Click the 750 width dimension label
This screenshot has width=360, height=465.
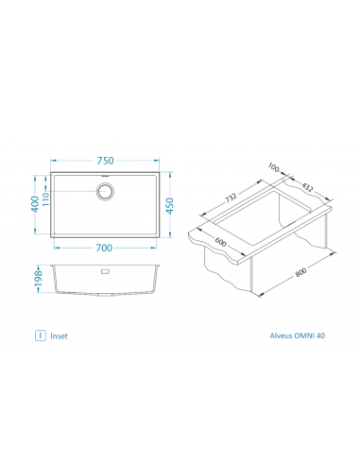click(x=105, y=161)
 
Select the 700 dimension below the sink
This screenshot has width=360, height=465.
click(x=104, y=248)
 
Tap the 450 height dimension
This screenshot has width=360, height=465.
click(x=169, y=206)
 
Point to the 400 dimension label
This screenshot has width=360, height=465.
click(x=35, y=204)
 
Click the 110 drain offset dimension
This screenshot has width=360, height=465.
click(x=46, y=199)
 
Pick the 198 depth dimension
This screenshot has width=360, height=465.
click(x=38, y=279)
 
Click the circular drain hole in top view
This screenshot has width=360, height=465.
click(x=105, y=191)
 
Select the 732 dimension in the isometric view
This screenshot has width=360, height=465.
click(x=231, y=198)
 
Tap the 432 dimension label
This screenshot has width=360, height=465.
click(x=307, y=187)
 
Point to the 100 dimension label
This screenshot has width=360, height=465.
click(x=274, y=167)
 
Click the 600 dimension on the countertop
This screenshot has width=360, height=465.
click(x=220, y=242)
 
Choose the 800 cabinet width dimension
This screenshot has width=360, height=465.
click(x=301, y=272)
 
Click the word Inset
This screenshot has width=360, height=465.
click(x=59, y=336)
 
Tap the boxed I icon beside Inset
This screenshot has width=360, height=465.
click(x=41, y=336)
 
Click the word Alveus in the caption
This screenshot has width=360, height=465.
click(x=281, y=336)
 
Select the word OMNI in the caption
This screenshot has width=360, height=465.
click(x=304, y=336)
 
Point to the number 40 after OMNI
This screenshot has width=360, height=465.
click(x=320, y=336)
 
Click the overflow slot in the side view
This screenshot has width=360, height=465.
click(x=105, y=271)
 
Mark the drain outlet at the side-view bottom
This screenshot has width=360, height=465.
click(x=105, y=295)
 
